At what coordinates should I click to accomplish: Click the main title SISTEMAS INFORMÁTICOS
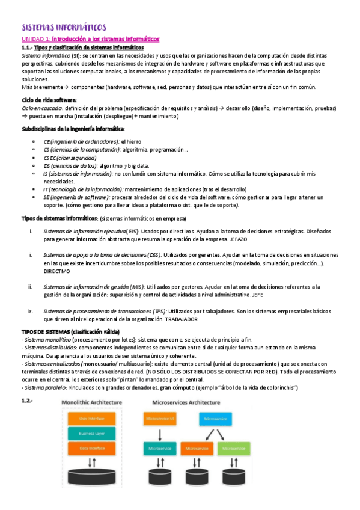coord(64,27)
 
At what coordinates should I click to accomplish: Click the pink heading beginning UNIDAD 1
coord(90,38)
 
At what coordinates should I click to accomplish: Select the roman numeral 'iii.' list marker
coord(30,287)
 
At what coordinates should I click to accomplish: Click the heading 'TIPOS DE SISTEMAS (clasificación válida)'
coord(71,332)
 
